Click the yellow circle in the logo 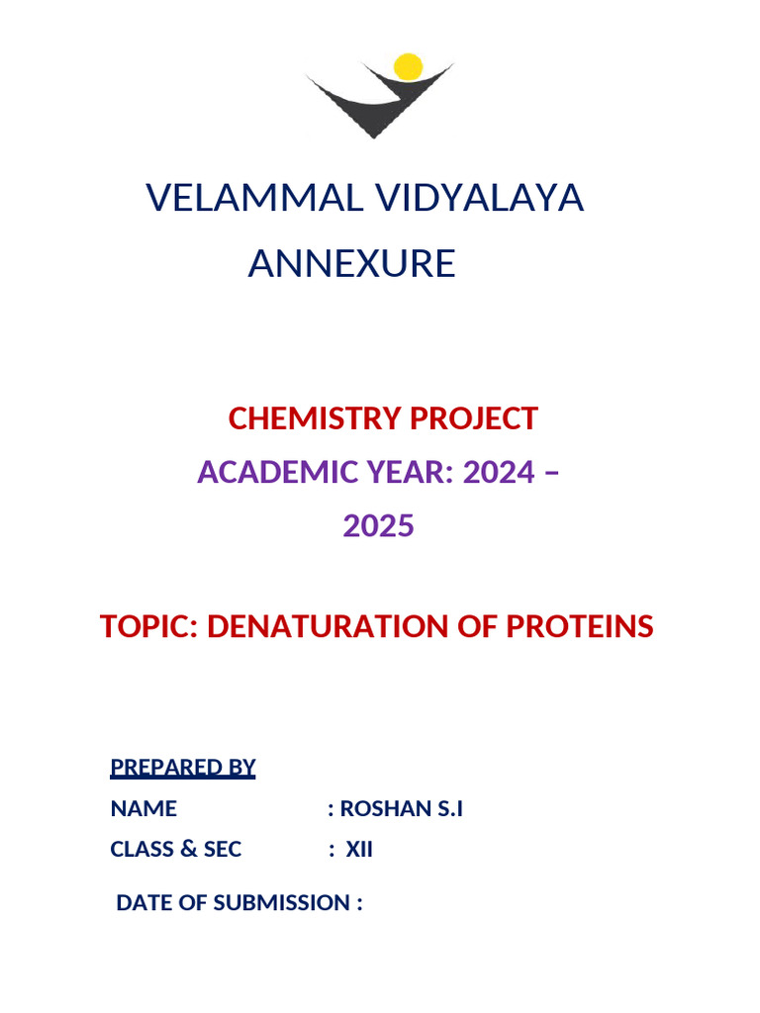[408, 66]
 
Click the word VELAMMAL [251, 198]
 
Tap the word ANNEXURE [351, 264]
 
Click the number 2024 [499, 472]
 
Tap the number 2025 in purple [378, 526]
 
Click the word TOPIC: [149, 626]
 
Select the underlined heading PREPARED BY [183, 767]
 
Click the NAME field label [143, 808]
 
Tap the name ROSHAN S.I [401, 808]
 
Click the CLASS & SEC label [176, 849]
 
